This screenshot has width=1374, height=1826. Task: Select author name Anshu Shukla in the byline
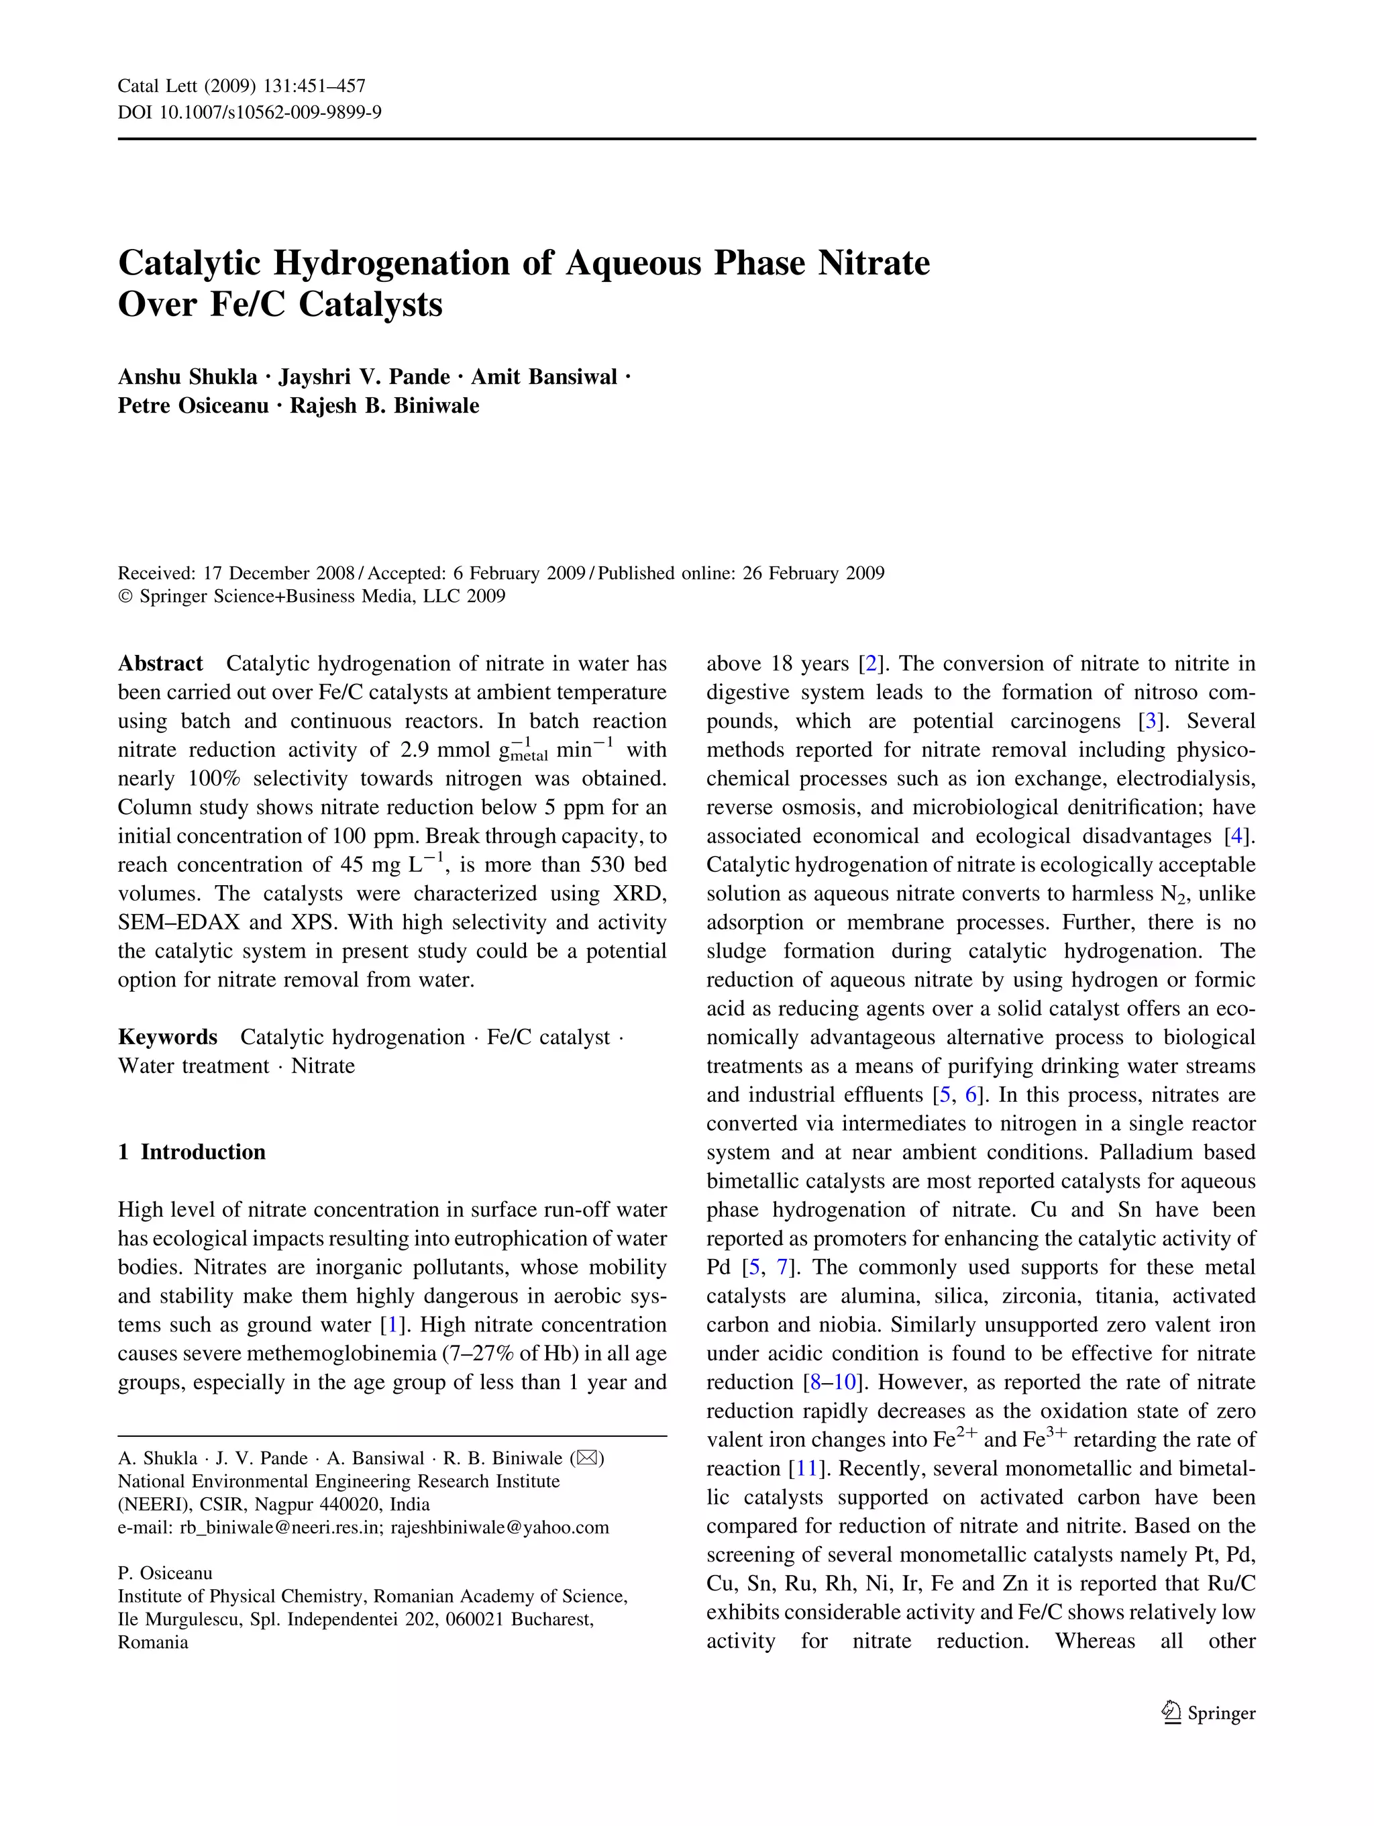pos(187,377)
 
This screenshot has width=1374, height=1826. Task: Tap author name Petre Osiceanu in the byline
pos(193,406)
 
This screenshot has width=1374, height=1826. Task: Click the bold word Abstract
pos(160,664)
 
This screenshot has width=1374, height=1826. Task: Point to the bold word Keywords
pos(168,1037)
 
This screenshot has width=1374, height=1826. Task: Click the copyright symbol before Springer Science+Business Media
pos(125,597)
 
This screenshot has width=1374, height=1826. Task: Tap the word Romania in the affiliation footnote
pos(153,1642)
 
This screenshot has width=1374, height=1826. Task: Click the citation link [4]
pos(1235,836)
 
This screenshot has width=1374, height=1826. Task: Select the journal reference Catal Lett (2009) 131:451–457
pos(241,86)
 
